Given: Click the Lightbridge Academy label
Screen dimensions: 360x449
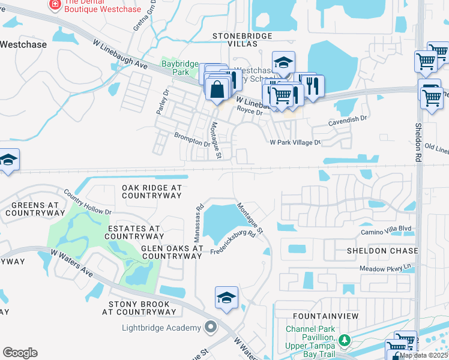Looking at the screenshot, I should (161, 328).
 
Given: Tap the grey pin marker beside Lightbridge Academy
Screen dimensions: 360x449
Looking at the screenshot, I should (210, 328).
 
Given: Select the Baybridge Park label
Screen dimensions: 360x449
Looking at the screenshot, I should (175, 68).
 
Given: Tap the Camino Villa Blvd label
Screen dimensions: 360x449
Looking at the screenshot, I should (386, 229).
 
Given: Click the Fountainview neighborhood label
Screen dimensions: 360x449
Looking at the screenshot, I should (325, 316).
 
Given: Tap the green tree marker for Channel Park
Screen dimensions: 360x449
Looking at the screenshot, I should (344, 341).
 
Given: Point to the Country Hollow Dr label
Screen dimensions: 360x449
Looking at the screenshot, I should (88, 202).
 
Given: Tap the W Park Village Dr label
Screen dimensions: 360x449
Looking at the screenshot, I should (295, 142).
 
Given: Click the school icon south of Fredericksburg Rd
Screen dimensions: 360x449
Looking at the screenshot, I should (226, 298).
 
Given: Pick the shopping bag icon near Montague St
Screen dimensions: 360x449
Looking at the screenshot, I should (216, 88).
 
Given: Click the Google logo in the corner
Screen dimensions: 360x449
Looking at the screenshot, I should (20, 353).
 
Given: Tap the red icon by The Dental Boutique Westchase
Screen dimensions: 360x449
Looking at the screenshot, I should (55, 4).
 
